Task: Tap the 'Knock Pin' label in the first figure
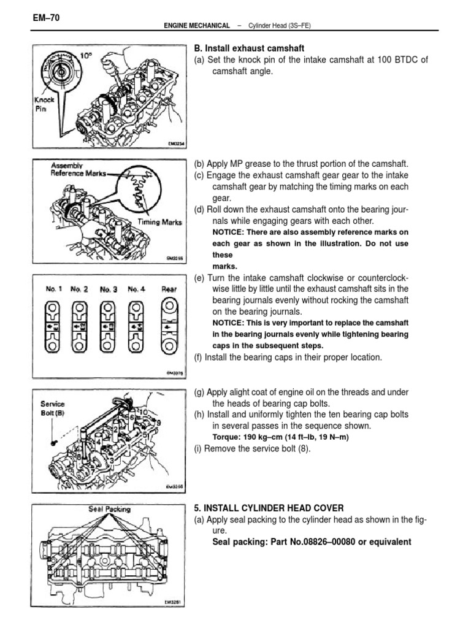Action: pyautogui.click(x=44, y=104)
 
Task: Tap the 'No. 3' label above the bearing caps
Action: pyautogui.click(x=109, y=289)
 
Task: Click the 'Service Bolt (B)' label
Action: pyautogui.click(x=52, y=408)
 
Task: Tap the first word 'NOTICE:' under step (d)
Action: pyautogui.click(x=229, y=232)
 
